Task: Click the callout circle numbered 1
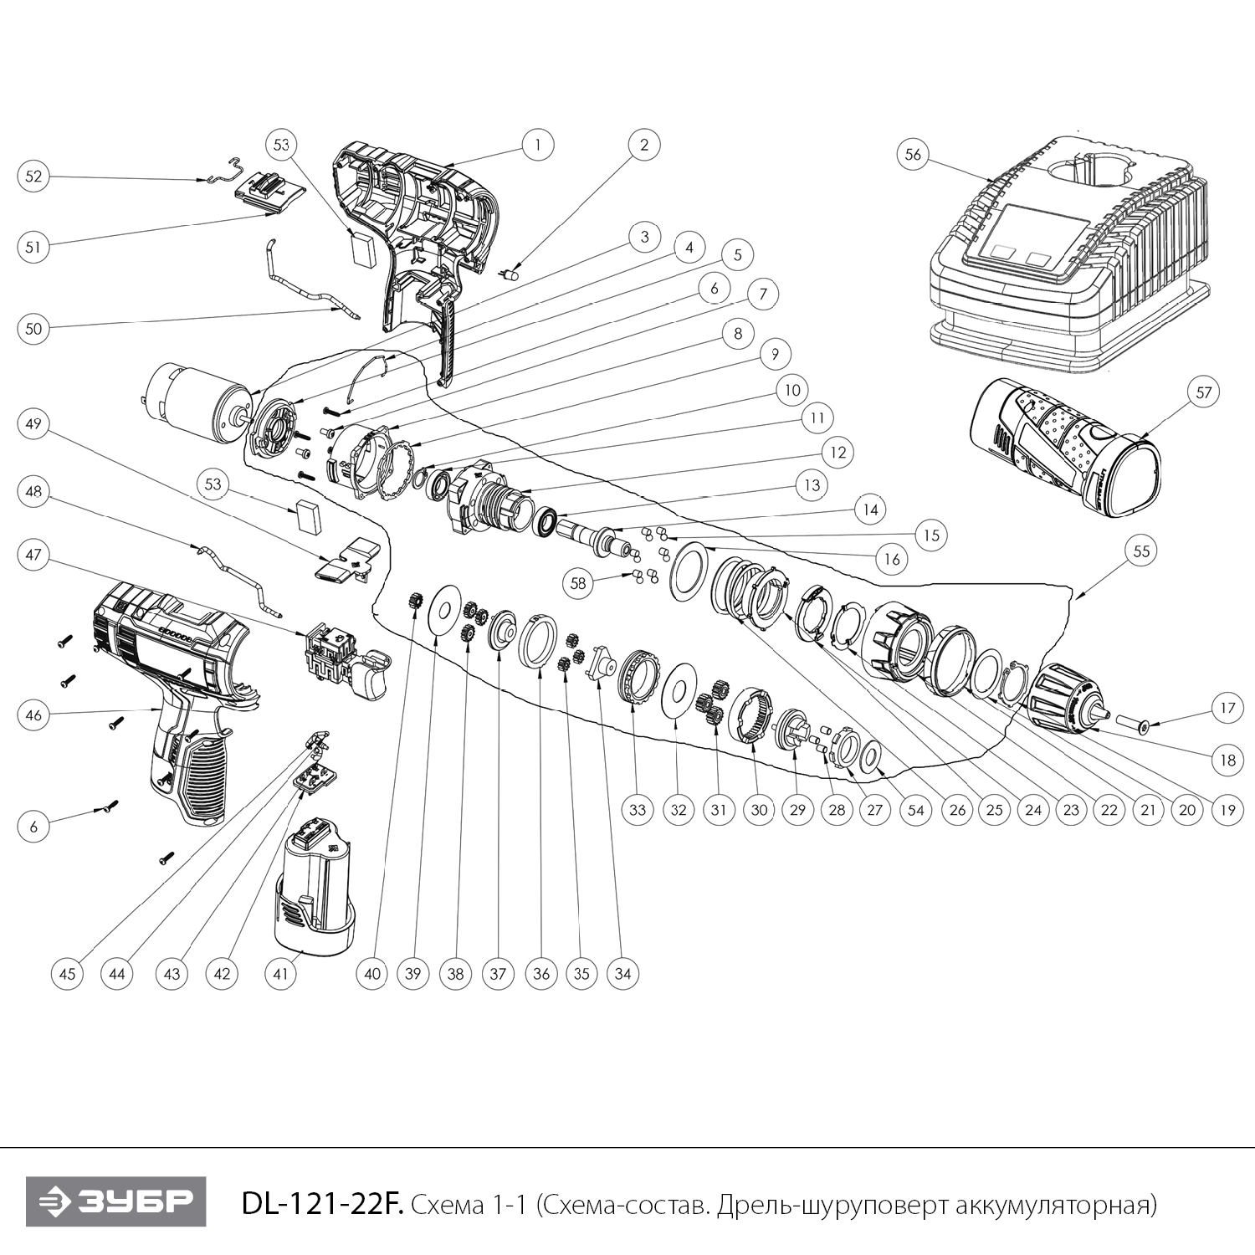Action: (537, 145)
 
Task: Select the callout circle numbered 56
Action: (913, 155)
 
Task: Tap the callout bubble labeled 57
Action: (1203, 392)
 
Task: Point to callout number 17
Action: (1227, 709)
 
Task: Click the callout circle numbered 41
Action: (281, 974)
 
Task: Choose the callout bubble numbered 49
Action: (33, 424)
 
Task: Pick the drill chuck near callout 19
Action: (1070, 695)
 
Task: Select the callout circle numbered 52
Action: (33, 177)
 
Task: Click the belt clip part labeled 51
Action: (268, 190)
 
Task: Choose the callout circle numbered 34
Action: (622, 974)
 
